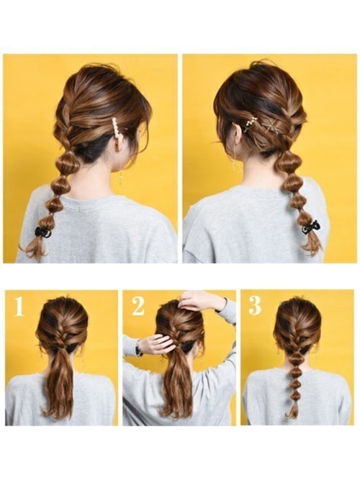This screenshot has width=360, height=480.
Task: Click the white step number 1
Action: tap(19, 307)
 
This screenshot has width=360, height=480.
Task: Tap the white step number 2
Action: tap(138, 306)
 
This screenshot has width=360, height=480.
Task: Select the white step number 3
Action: tap(255, 306)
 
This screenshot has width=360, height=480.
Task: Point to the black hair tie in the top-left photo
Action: tap(42, 232)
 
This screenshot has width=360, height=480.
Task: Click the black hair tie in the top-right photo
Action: tap(310, 227)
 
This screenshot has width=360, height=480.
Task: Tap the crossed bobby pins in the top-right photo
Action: tap(271, 125)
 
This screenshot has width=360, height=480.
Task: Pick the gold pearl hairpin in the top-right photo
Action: tap(251, 123)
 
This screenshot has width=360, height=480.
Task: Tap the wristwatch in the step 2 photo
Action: tap(138, 348)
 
